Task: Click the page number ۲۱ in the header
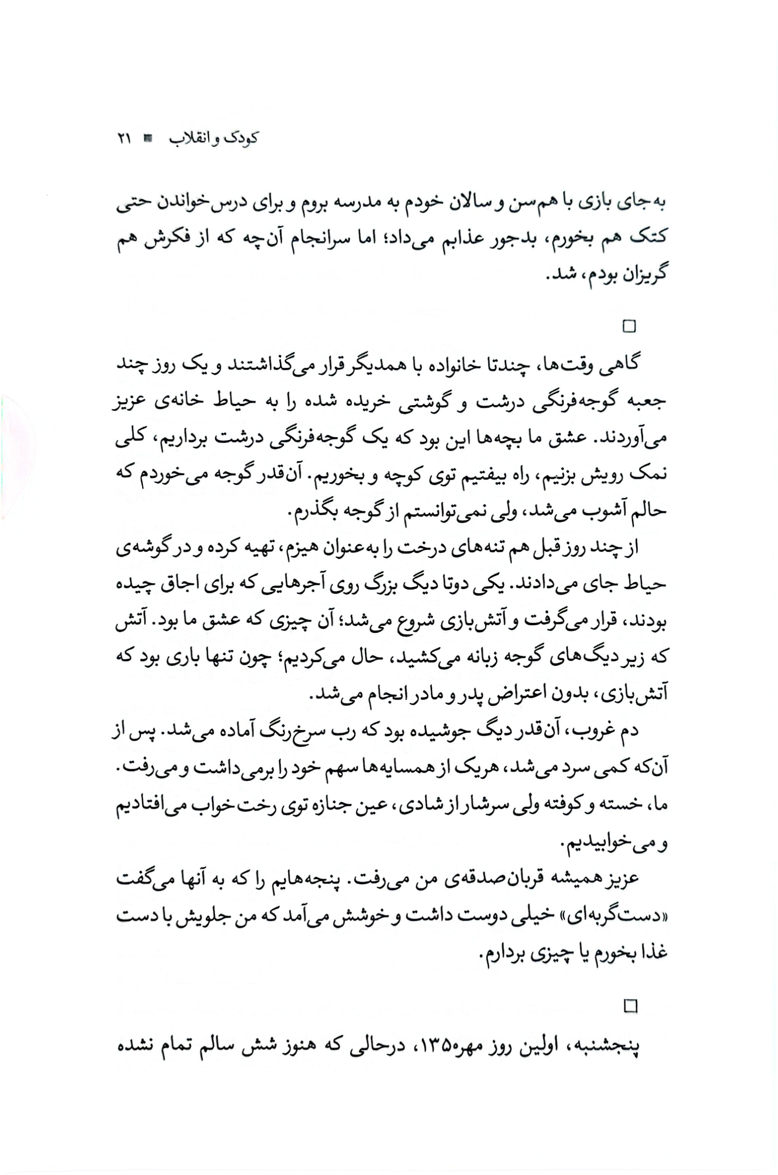[124, 138]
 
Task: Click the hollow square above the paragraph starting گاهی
[629, 326]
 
